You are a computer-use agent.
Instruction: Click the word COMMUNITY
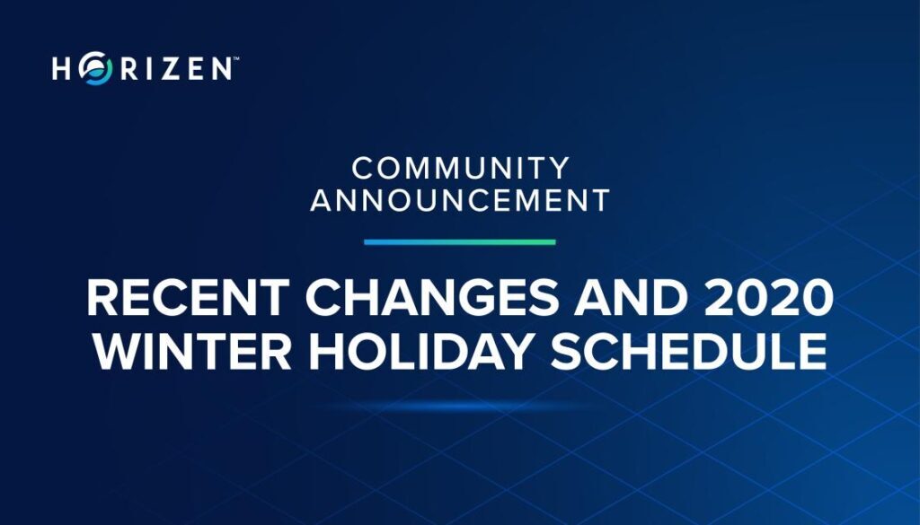(x=461, y=168)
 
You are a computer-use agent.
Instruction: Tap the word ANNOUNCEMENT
(x=460, y=200)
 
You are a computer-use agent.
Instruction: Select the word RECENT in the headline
(x=189, y=298)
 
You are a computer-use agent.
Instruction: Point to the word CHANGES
(x=432, y=298)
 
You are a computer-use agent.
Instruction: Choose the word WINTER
(x=192, y=351)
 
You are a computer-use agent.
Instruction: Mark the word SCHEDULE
(x=689, y=351)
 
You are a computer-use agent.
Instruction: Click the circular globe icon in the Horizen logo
(x=95, y=68)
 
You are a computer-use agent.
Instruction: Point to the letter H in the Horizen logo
(x=62, y=68)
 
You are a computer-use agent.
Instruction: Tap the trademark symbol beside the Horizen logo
(x=236, y=58)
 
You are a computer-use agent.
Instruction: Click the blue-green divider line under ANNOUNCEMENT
(x=459, y=242)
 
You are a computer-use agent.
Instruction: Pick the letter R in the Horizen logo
(x=129, y=68)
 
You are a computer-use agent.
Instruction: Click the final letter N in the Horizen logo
(x=221, y=68)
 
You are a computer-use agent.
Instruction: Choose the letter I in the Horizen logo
(x=149, y=68)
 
